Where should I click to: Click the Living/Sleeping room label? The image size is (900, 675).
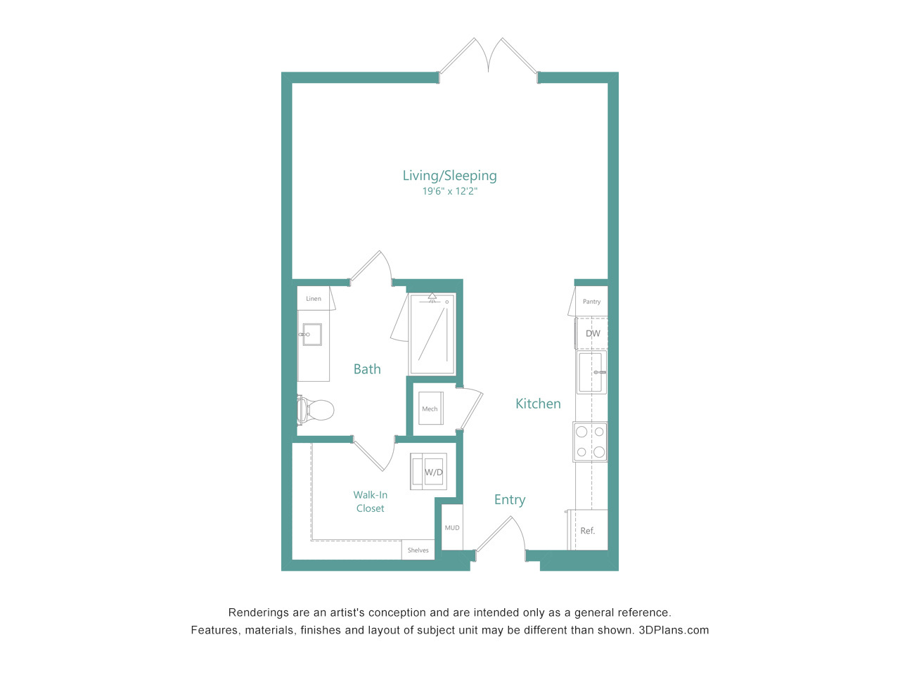tap(449, 176)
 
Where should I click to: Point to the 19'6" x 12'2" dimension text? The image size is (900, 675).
tap(450, 191)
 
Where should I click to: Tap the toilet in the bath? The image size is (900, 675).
tap(315, 410)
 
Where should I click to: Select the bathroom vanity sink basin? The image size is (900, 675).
tap(311, 335)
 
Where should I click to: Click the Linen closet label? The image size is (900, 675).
tap(314, 298)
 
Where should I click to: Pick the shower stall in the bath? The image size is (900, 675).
tap(432, 333)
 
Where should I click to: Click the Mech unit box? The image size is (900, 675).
tap(430, 409)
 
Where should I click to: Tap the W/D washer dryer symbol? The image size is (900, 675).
tap(428, 472)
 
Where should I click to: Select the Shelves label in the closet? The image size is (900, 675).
tap(418, 550)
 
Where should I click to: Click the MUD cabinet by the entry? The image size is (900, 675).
tap(452, 527)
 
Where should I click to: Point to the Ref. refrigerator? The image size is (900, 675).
tap(588, 529)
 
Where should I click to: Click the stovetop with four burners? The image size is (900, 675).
tap(590, 442)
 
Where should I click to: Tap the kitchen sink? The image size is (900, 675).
tap(591, 372)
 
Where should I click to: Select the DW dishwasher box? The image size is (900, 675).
tap(591, 333)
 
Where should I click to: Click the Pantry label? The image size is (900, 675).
tap(591, 301)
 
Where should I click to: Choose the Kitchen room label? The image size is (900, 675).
tap(538, 404)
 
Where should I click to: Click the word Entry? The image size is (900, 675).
tap(510, 500)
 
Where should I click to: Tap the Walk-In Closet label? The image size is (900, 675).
tap(371, 501)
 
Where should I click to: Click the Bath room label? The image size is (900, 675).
tap(367, 369)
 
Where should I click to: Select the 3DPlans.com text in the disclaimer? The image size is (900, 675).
tap(674, 630)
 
